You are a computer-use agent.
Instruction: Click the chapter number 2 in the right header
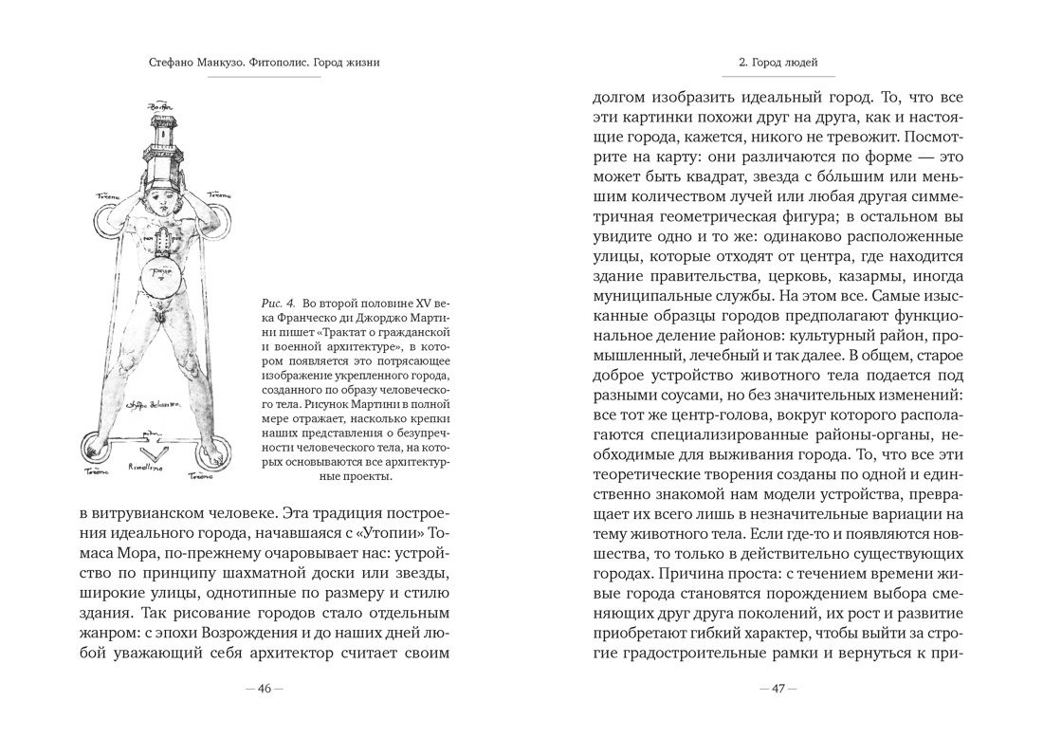741,64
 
